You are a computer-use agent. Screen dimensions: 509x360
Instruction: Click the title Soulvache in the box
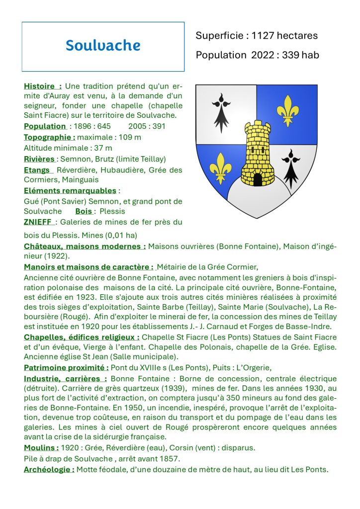click(103, 46)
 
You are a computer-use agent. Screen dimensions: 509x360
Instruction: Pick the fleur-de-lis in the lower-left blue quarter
click(220, 168)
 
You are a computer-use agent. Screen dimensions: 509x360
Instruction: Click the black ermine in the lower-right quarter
click(290, 167)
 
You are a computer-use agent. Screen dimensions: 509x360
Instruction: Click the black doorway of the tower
click(257, 179)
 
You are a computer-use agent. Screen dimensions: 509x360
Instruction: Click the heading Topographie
click(50, 137)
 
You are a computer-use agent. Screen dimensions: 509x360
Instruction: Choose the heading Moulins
click(41, 448)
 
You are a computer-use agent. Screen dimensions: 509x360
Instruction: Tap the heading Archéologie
click(49, 469)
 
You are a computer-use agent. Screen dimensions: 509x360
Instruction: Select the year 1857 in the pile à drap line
click(171, 458)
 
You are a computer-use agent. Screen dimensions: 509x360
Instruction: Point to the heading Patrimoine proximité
click(66, 367)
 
